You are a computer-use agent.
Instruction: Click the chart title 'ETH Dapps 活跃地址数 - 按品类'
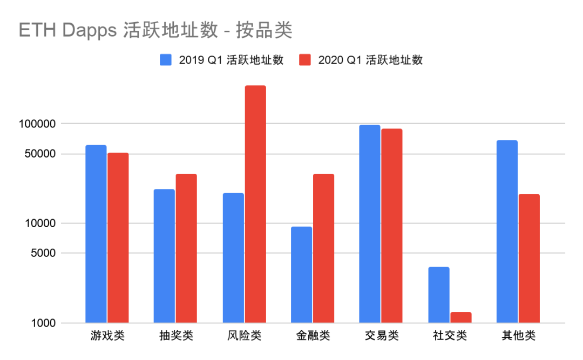(x=155, y=31)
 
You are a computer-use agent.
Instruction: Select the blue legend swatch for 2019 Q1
(x=166, y=60)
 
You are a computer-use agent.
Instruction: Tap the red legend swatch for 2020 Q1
(x=305, y=60)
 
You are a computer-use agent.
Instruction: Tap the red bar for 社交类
(x=460, y=317)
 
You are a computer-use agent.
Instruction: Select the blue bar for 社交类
(x=439, y=295)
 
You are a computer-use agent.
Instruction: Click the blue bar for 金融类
(x=301, y=275)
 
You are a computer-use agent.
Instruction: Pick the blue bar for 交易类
(x=370, y=224)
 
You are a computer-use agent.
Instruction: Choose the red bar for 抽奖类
(x=186, y=248)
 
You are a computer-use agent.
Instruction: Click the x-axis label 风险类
(x=245, y=336)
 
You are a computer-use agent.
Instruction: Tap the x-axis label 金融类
(x=313, y=336)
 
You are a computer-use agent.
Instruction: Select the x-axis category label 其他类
(x=518, y=336)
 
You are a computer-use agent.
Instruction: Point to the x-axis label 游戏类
(x=107, y=336)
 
